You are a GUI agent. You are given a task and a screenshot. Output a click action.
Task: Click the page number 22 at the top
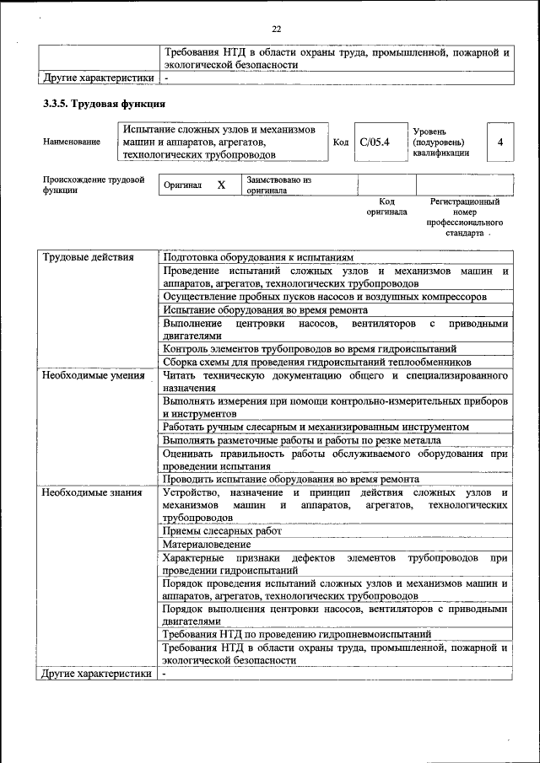tap(275, 30)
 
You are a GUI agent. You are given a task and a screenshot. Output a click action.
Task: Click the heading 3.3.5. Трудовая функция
tap(104, 104)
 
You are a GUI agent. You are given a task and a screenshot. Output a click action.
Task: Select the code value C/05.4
tap(374, 142)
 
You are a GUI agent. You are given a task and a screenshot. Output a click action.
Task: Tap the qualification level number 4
tap(500, 142)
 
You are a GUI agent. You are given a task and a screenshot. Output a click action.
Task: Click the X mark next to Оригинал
tap(221, 185)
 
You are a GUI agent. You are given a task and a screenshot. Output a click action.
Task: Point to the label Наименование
tap(72, 142)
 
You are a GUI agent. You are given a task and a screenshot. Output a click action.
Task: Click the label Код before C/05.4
tap(341, 142)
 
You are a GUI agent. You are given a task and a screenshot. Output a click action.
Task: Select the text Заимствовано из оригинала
tap(278, 185)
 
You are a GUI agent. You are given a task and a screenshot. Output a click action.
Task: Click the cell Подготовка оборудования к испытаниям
tap(258, 257)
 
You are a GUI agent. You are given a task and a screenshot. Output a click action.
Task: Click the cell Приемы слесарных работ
tap(222, 531)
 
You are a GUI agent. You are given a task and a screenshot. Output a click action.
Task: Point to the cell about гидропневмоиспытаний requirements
tap(297, 634)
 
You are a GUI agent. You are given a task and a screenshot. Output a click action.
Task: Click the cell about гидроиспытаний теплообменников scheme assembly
tap(316, 362)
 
